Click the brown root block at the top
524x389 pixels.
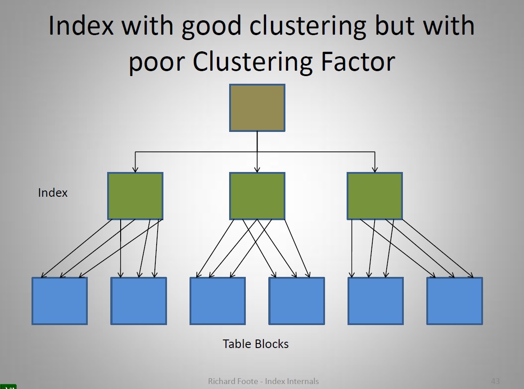(257, 108)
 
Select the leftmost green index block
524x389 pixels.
(135, 196)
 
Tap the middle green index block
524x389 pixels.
(257, 196)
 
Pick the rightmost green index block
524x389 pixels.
(375, 196)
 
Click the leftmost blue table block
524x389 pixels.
(59, 301)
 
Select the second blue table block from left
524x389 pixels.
(139, 301)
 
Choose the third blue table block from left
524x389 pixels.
(217, 301)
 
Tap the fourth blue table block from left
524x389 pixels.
(297, 301)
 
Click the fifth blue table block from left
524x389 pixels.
(375, 301)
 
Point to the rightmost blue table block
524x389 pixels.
(455, 301)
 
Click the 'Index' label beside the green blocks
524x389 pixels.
(53, 193)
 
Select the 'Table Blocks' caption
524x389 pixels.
(256, 344)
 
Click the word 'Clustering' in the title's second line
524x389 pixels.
(253, 62)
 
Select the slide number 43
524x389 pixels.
(495, 381)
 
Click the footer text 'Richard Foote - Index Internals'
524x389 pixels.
(263, 381)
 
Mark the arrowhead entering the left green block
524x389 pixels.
(135, 170)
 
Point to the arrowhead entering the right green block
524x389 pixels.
(375, 170)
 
